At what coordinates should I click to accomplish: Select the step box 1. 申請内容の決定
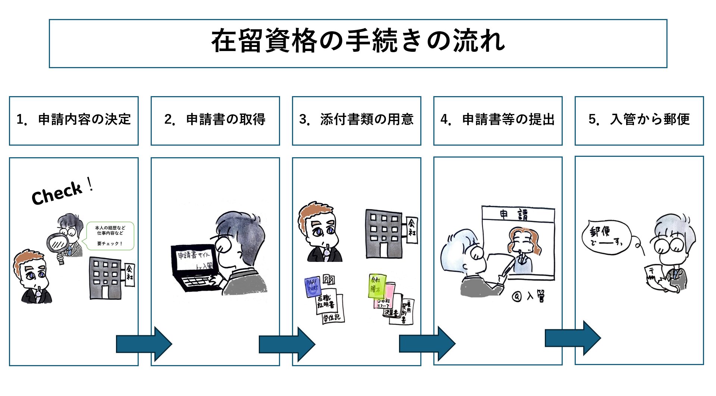click(x=74, y=120)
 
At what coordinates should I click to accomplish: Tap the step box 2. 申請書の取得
click(x=215, y=120)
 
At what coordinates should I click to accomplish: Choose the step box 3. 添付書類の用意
click(x=357, y=120)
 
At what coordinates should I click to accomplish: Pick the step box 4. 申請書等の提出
click(x=498, y=120)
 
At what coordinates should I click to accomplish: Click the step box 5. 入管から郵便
click(x=639, y=120)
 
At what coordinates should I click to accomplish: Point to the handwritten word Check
click(x=57, y=193)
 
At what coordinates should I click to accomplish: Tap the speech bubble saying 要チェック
click(x=110, y=236)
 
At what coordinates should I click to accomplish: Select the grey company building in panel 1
click(x=106, y=278)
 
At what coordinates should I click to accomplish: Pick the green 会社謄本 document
click(x=376, y=286)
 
